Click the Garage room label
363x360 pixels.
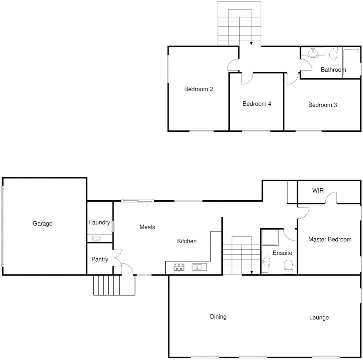click(x=43, y=224)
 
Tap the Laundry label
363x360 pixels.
click(x=99, y=222)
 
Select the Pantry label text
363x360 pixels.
click(x=100, y=259)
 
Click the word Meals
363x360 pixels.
click(x=147, y=227)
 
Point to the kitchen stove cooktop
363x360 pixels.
click(x=179, y=267)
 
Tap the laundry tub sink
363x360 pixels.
click(x=97, y=238)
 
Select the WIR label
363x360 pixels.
click(x=318, y=191)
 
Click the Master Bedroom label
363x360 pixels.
click(x=329, y=239)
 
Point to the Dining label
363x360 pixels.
click(x=218, y=317)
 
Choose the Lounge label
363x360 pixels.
click(x=319, y=318)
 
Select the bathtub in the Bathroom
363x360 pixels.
click(x=351, y=63)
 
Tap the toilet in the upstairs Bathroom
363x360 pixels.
click(x=333, y=53)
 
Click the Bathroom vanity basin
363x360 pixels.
click(x=313, y=53)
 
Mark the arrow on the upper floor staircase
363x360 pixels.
click(x=251, y=43)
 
